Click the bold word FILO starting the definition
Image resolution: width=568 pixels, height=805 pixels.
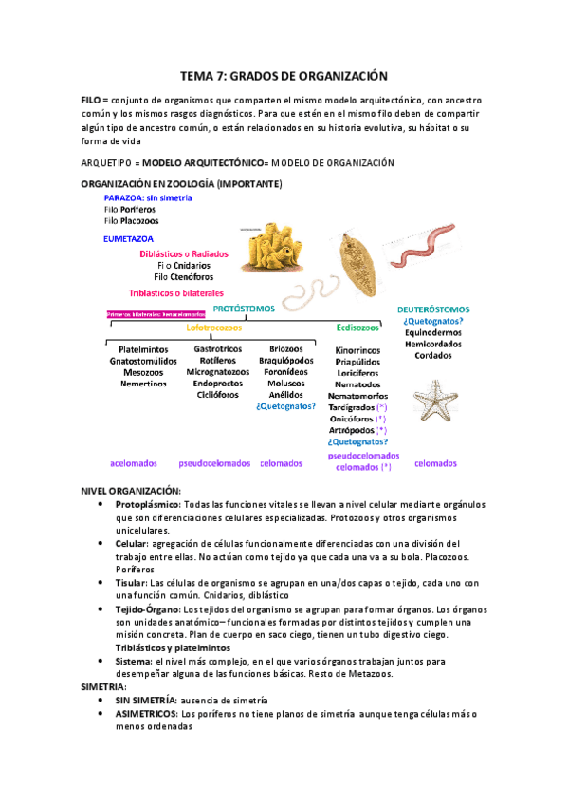(90, 100)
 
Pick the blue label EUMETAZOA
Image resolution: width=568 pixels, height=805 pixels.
(130, 239)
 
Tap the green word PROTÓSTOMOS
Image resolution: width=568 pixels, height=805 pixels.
(244, 309)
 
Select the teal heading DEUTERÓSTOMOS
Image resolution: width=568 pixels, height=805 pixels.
(433, 309)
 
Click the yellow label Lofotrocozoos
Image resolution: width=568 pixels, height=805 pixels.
(214, 328)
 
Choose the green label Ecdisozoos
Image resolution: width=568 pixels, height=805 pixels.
(358, 328)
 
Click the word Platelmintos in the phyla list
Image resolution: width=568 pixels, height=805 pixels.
(144, 349)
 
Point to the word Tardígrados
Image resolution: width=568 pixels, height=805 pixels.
(357, 406)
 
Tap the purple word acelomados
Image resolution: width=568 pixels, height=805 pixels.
(134, 463)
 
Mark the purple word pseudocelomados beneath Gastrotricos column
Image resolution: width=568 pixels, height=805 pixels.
(214, 463)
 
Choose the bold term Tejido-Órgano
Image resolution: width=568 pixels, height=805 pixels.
(147, 608)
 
